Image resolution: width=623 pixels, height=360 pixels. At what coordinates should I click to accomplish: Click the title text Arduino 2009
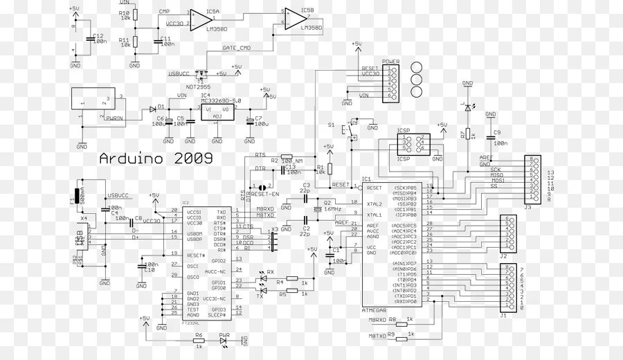156,158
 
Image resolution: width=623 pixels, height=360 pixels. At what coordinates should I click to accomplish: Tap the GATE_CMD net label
236,48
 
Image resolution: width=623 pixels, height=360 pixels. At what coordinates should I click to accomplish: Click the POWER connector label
391,62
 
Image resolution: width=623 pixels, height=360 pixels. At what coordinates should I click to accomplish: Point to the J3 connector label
527,206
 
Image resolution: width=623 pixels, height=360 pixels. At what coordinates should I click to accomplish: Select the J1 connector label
503,315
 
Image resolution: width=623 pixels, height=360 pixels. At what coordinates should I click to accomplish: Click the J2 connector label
503,256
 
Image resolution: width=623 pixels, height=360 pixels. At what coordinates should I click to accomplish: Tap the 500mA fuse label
82,193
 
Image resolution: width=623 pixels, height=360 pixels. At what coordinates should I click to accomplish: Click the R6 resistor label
199,335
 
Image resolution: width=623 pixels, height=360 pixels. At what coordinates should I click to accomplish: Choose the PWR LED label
224,335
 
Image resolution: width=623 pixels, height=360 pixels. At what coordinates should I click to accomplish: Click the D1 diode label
161,107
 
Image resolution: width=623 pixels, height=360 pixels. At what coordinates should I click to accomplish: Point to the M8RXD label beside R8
377,319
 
